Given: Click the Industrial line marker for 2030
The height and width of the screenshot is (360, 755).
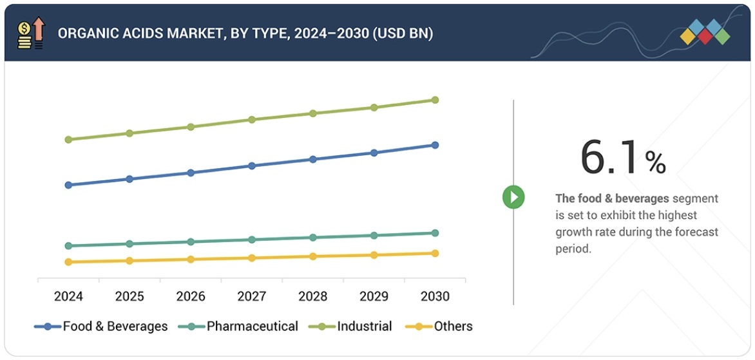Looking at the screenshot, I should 435,100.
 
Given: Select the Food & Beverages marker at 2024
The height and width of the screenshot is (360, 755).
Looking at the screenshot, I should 68,185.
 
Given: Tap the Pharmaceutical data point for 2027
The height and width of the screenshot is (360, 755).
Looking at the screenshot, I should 252,240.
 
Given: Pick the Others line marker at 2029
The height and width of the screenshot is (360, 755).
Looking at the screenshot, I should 374,255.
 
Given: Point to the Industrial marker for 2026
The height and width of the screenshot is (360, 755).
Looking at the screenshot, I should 191,127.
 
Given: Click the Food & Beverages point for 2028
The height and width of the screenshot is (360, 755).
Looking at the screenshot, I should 313,159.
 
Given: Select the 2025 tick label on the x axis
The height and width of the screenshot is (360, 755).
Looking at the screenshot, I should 129,296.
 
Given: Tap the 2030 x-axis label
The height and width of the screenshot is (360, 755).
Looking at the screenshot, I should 435,296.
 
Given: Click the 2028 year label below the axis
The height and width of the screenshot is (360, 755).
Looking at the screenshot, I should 313,296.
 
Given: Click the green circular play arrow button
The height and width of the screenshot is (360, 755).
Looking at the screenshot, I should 513,197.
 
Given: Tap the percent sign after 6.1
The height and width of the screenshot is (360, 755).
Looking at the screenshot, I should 656,163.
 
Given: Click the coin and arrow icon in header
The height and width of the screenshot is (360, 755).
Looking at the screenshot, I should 30,33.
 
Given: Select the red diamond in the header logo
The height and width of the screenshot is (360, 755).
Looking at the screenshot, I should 705,36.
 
